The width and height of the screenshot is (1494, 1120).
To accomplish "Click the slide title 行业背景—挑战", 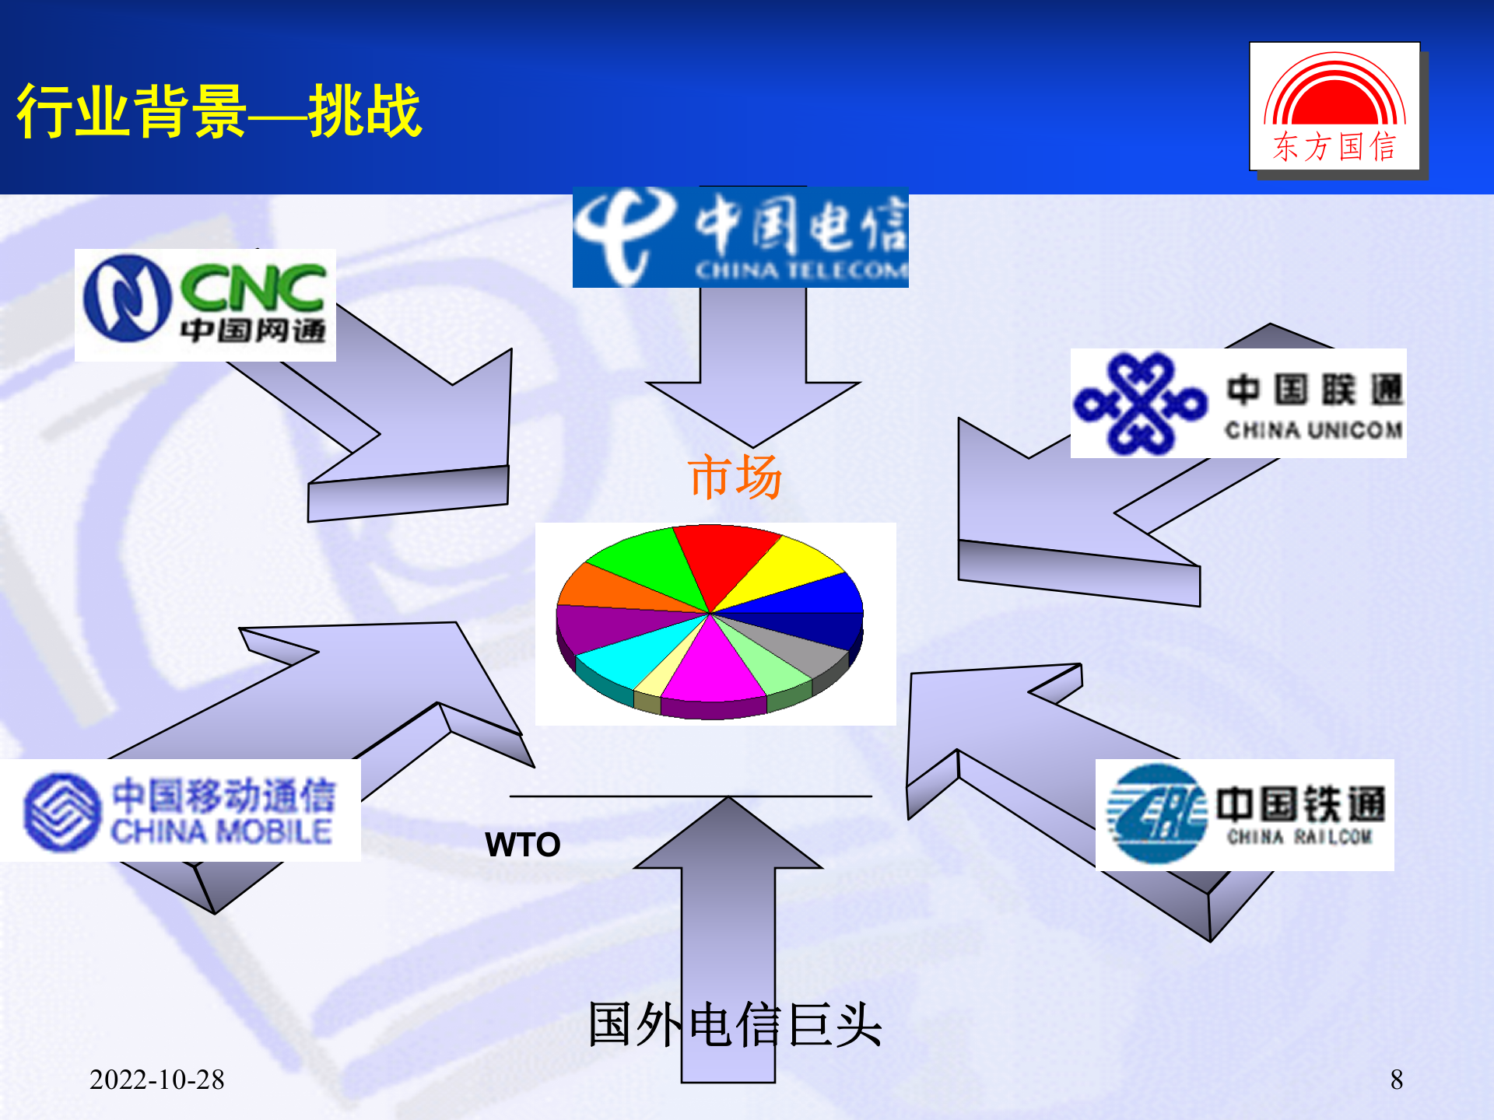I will point(219,111).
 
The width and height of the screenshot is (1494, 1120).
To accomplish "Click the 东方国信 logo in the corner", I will point(1334,107).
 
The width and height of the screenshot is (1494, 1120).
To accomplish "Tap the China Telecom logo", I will point(740,237).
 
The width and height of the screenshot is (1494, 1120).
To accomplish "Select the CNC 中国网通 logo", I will point(205,305).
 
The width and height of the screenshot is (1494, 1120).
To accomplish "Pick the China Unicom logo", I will point(1238,403).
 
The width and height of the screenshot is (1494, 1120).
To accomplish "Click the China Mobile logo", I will point(181,810).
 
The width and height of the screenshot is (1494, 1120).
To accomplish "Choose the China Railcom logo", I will point(1244,814).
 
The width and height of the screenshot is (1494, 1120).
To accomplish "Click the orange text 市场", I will point(735,476).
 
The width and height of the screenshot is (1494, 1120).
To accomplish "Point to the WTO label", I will point(522,845).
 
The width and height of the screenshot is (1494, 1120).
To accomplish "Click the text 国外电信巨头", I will point(735,1024).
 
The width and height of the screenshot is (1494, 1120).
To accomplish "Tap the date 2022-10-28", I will point(156,1080).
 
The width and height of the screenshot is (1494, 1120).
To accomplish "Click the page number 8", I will point(1397,1080).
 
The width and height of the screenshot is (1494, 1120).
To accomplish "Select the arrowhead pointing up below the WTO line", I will point(728,836).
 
